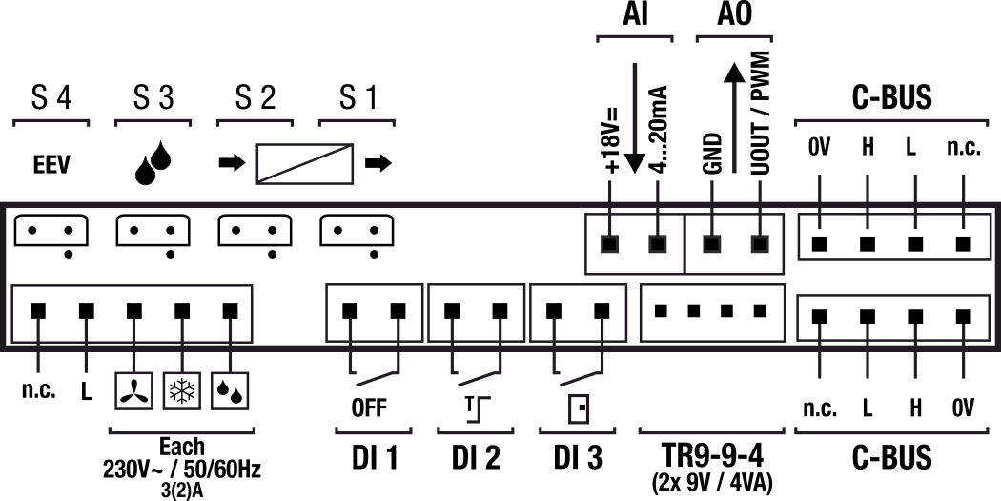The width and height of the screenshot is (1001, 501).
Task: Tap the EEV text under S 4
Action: pyautogui.click(x=50, y=163)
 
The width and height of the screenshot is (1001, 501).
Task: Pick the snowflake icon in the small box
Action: pyautogui.click(x=178, y=391)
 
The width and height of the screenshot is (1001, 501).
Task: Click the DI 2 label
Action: pyautogui.click(x=476, y=459)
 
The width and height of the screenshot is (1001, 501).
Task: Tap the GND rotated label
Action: pyautogui.click(x=710, y=152)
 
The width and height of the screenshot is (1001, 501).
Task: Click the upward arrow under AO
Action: pyautogui.click(x=733, y=120)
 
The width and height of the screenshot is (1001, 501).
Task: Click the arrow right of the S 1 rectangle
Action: pyautogui.click(x=378, y=163)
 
